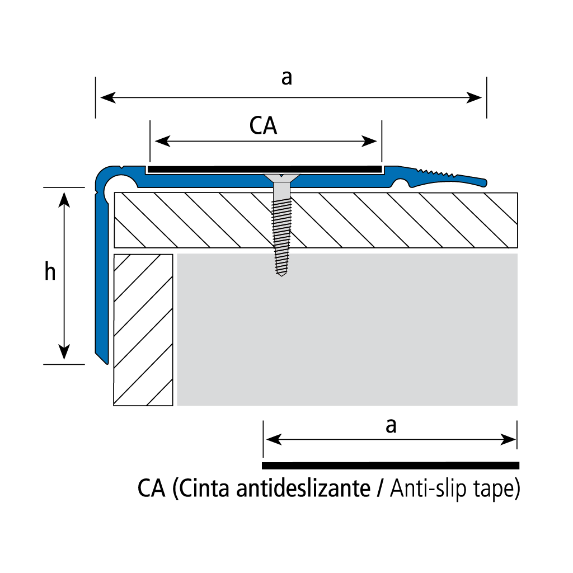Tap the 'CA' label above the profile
click(x=263, y=125)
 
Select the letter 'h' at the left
click(x=50, y=271)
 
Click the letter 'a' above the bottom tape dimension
click(x=391, y=426)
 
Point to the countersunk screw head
click(x=282, y=179)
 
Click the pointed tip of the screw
click(x=281, y=275)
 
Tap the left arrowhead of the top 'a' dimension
click(x=108, y=97)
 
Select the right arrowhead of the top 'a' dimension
click(x=475, y=97)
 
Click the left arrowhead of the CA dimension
click(x=163, y=141)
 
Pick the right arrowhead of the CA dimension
click(x=369, y=141)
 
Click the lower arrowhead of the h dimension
click(x=64, y=352)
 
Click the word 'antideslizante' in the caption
click(x=303, y=488)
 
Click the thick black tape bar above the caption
click(x=391, y=466)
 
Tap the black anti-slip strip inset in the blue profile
click(x=264, y=170)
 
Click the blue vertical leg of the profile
click(x=102, y=278)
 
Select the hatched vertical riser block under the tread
click(x=143, y=330)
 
